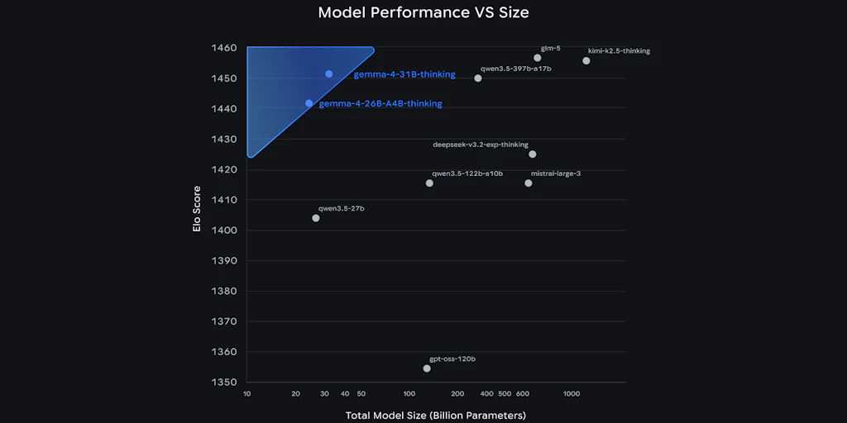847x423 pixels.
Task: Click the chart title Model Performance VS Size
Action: click(423, 13)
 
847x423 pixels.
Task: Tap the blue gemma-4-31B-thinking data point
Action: click(328, 74)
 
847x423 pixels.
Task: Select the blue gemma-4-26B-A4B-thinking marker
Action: click(309, 103)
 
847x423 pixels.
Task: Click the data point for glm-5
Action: click(538, 58)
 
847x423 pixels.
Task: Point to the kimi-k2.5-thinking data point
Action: click(586, 60)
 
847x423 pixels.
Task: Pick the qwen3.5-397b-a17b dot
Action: click(478, 78)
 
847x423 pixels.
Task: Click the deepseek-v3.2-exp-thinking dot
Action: click(532, 154)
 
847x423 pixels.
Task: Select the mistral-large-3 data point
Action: click(529, 183)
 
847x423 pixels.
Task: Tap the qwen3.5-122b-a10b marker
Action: click(429, 183)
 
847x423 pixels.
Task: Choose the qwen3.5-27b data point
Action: click(316, 218)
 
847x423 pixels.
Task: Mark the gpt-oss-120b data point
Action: click(427, 368)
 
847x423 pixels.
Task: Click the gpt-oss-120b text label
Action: click(452, 359)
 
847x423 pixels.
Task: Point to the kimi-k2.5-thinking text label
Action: click(619, 51)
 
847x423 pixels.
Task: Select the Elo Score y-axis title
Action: click(197, 213)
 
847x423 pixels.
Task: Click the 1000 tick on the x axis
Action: click(572, 394)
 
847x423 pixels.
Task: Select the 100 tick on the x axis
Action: click(409, 394)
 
